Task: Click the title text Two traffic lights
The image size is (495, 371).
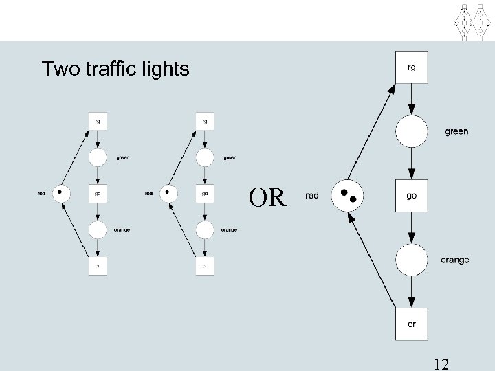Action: (115, 69)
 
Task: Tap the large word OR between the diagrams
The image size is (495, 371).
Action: (267, 198)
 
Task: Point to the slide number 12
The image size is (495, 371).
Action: (441, 362)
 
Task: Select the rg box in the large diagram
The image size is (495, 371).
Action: (411, 67)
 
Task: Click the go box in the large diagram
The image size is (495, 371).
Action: (411, 196)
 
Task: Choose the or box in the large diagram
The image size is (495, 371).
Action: (411, 324)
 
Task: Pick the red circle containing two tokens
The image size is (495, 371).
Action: (347, 196)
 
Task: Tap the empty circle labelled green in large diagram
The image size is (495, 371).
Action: (411, 131)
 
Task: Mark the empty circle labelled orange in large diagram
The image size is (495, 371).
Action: (411, 260)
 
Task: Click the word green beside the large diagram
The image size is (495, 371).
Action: (456, 131)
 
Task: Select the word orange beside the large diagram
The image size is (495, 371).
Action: (454, 260)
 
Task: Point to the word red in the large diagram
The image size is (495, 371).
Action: (311, 196)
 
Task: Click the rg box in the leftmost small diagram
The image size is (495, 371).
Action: (98, 121)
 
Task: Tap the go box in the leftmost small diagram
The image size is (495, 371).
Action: (98, 193)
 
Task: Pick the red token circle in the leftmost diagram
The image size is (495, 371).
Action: (61, 193)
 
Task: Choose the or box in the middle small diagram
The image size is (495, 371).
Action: (204, 265)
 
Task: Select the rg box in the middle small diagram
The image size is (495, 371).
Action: (204, 121)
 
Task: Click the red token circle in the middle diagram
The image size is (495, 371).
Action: (168, 193)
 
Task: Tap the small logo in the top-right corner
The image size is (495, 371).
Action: (471, 21)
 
